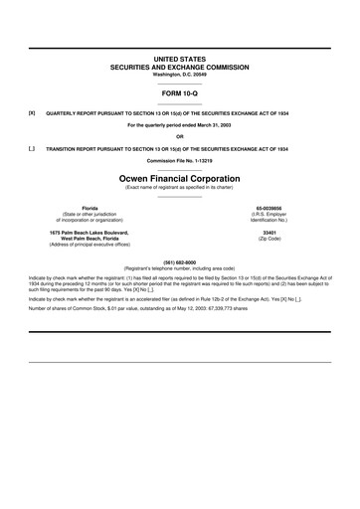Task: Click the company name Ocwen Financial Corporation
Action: point(180,177)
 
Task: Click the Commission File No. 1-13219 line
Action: point(180,159)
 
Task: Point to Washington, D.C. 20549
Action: point(180,74)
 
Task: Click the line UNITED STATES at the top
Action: point(180,60)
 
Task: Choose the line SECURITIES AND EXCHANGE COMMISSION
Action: point(180,67)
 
